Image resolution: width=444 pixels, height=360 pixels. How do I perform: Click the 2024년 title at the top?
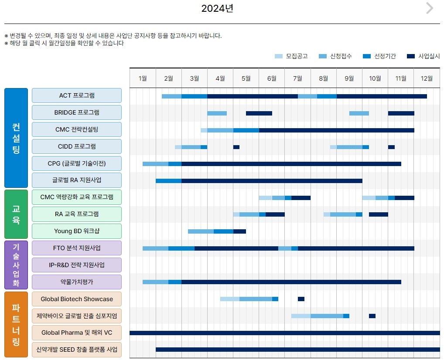pos(217,8)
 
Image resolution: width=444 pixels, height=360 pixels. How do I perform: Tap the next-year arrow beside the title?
pos(430,8)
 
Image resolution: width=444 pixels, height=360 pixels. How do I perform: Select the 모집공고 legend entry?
pos(291,56)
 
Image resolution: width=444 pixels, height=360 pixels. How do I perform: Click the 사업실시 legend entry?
pos(424,56)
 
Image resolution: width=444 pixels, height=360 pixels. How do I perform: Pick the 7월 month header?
pos(297,78)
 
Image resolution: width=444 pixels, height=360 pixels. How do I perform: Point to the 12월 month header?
pos(427,78)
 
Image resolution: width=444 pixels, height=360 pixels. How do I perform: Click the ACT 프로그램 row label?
pos(77,95)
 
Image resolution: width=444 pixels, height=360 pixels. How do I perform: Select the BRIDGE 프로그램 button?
pos(77,112)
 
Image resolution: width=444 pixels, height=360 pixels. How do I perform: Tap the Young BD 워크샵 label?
pos(77,231)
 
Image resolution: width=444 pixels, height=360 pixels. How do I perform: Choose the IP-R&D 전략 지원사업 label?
pos(77,265)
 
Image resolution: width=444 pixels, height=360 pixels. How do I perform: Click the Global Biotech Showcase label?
pos(77,299)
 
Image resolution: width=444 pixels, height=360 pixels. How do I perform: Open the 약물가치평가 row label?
pos(77,282)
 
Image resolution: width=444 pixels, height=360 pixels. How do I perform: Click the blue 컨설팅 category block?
pos(16,138)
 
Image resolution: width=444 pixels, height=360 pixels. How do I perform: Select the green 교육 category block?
pos(16,214)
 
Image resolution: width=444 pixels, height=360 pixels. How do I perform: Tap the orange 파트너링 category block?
pos(16,324)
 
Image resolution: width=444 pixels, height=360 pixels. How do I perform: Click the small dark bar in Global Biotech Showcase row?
pos(301,299)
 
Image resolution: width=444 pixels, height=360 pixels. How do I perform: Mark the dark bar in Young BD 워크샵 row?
pos(239,231)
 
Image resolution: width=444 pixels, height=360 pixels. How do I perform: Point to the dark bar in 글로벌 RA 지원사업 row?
pos(272,181)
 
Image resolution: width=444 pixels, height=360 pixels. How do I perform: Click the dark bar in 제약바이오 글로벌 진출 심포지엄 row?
pos(372,316)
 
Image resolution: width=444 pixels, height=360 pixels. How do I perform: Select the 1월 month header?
pos(143,78)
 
